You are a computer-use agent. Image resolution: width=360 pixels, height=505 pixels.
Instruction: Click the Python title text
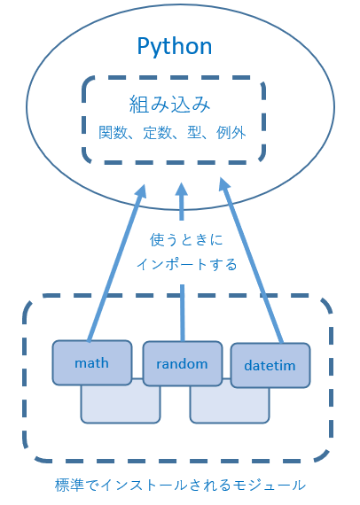pyautogui.click(x=175, y=47)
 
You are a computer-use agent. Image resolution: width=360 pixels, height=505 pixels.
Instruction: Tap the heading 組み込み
pyautogui.click(x=169, y=104)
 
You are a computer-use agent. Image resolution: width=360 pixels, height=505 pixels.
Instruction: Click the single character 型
pyautogui.click(x=194, y=132)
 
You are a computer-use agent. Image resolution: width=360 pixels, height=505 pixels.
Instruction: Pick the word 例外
pyautogui.click(x=231, y=132)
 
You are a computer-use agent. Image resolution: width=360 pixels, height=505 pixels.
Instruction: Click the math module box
pyautogui.click(x=92, y=362)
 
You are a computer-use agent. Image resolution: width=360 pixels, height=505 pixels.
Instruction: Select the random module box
pyautogui.click(x=183, y=363)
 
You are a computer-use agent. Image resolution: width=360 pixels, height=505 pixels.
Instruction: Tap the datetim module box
pyautogui.click(x=270, y=365)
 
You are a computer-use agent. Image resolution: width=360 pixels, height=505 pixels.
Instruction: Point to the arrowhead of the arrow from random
pyautogui.click(x=182, y=189)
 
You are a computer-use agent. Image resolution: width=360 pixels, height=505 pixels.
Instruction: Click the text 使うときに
pyautogui.click(x=186, y=240)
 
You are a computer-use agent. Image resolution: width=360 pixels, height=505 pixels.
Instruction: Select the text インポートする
pyautogui.click(x=186, y=264)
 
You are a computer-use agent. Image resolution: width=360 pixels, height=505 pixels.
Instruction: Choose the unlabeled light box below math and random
pyautogui.click(x=121, y=404)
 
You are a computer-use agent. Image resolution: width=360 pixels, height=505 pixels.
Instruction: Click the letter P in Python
pyautogui.click(x=143, y=46)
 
